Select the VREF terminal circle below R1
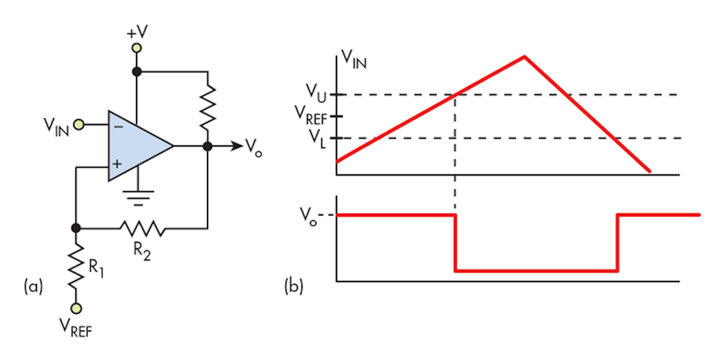click(76, 308)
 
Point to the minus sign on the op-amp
click(118, 126)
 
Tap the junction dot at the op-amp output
click(208, 146)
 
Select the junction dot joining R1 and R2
click(76, 228)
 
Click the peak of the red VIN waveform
click(524, 56)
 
